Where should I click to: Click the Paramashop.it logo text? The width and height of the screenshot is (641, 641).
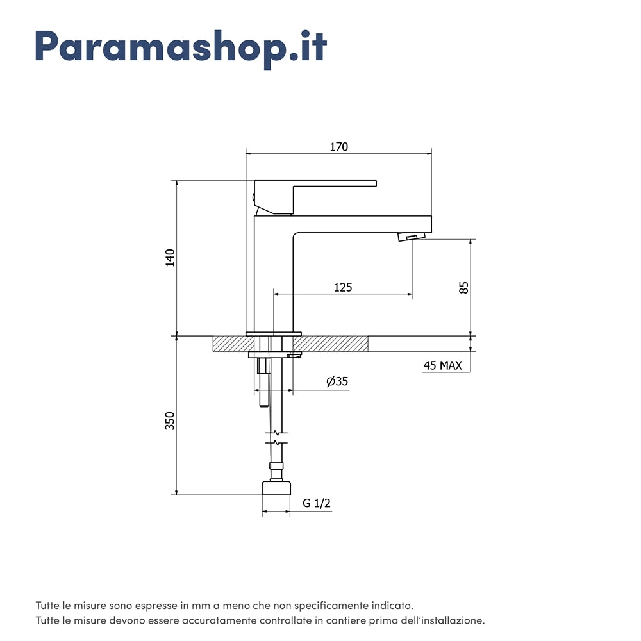[181, 49]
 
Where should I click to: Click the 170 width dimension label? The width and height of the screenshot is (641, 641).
[339, 147]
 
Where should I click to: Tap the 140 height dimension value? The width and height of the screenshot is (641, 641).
[170, 258]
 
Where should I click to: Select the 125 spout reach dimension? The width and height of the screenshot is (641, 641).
[342, 287]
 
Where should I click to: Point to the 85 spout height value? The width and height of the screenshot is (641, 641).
[464, 287]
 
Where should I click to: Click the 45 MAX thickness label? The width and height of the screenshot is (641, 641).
[443, 365]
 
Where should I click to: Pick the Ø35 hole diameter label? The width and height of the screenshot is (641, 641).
[337, 381]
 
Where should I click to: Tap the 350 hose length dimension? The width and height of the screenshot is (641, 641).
[170, 420]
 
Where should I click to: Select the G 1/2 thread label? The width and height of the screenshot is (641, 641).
[317, 503]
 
